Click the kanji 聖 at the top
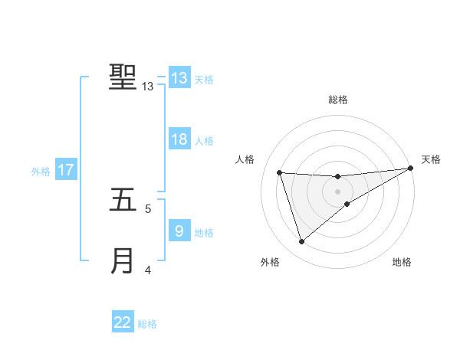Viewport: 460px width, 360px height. [123, 77]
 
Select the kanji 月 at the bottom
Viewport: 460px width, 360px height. [123, 260]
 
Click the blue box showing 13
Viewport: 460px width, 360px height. [179, 78]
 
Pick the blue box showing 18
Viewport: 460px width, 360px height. [179, 139]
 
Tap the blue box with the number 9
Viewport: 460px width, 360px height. [179, 231]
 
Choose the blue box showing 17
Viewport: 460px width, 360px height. [66, 170]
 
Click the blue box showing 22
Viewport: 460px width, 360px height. [123, 322]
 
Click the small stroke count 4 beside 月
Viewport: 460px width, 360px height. [148, 270]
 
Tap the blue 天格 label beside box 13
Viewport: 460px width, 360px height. [203, 80]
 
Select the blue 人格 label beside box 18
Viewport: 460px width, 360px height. [203, 141]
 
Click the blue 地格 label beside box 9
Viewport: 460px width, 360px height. [203, 233]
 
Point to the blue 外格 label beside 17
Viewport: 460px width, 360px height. [41, 172]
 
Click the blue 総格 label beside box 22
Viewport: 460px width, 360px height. [147, 324]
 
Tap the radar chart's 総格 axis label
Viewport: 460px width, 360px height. [337, 100]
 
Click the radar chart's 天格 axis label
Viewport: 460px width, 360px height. [431, 159]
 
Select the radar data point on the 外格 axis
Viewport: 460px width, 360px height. [301, 242]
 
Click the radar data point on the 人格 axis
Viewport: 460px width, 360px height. [280, 172]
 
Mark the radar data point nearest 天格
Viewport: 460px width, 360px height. [411, 169]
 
